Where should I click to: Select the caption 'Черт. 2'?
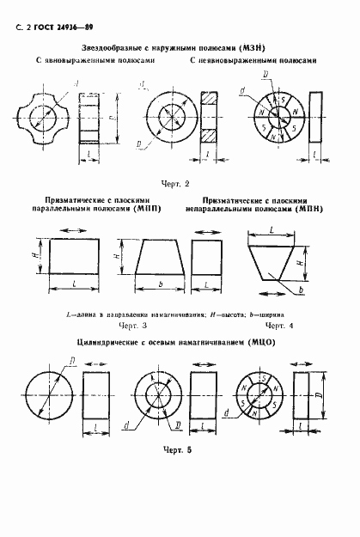click(x=174, y=183)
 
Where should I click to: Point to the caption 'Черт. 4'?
click(x=276, y=326)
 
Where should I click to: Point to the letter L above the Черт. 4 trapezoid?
click(x=271, y=231)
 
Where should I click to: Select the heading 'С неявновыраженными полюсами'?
click(x=247, y=63)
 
